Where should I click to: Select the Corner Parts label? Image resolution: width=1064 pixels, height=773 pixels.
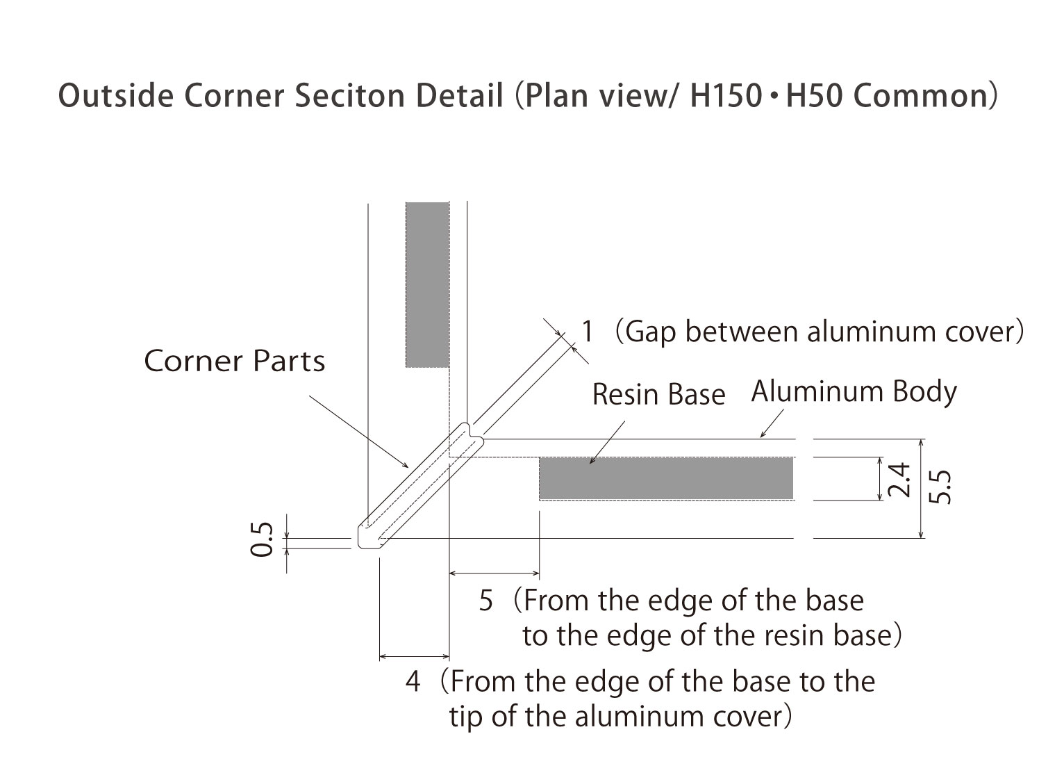(234, 361)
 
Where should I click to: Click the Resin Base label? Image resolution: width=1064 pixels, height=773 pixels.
(658, 395)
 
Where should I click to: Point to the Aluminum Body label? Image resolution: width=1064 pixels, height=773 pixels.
(854, 391)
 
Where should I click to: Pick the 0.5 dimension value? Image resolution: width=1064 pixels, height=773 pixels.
(261, 540)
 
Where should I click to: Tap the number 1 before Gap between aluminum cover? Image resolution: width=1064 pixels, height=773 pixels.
(588, 332)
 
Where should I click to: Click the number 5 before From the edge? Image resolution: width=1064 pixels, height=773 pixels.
(486, 601)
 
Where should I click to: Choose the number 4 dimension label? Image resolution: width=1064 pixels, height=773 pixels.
(413, 681)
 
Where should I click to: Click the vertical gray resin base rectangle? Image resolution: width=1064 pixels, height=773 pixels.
(427, 284)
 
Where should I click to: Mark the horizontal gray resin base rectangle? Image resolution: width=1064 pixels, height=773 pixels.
(665, 478)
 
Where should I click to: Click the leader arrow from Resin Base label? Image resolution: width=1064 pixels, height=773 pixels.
(608, 442)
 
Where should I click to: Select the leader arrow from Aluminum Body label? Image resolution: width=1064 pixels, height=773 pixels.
(772, 424)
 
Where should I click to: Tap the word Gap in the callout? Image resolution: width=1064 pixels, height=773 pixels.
(647, 332)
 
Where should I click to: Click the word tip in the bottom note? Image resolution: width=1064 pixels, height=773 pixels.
(467, 717)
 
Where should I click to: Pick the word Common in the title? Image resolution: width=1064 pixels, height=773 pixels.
(919, 97)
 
